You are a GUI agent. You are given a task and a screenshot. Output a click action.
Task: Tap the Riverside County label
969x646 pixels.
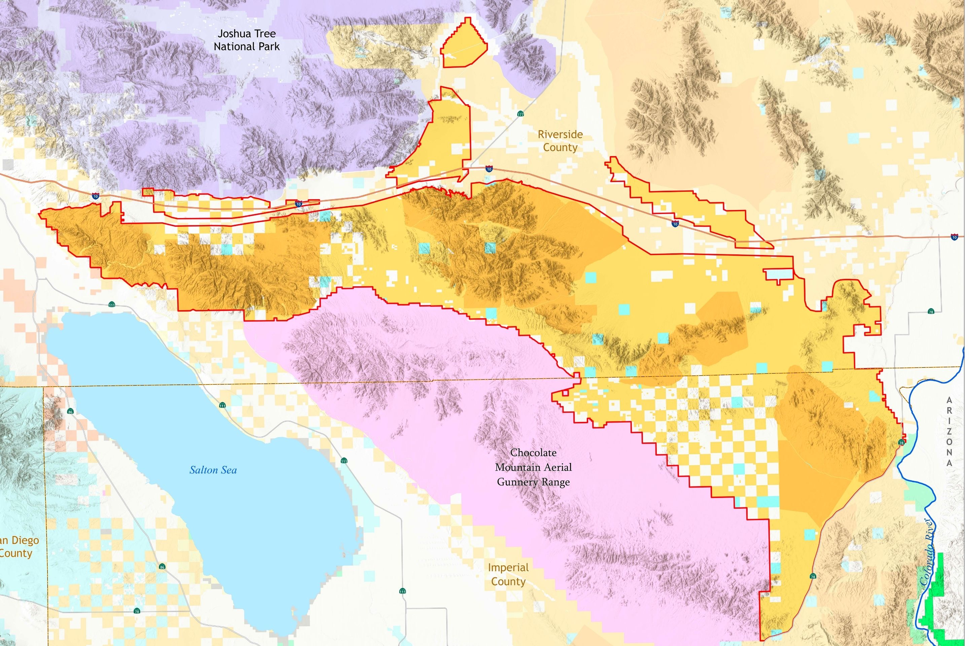point(560,141)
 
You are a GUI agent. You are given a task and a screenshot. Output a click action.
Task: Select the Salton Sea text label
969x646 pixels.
point(213,470)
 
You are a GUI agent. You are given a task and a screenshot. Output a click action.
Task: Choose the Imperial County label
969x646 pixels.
point(508,574)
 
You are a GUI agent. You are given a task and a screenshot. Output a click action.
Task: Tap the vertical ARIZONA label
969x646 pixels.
point(949,431)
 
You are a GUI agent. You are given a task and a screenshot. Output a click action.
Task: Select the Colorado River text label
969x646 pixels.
point(928,552)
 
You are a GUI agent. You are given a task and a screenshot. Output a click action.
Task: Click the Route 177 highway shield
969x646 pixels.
point(521,114)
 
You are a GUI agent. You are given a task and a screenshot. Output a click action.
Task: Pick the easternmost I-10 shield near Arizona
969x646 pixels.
point(955,237)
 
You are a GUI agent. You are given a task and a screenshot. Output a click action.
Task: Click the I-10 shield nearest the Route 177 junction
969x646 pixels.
point(489,169)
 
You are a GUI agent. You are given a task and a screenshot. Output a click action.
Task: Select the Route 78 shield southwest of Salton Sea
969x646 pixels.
point(137,611)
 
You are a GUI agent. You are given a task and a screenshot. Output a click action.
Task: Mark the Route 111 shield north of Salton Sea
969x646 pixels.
point(112,305)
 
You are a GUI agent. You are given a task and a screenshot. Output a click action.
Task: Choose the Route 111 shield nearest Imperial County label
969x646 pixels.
point(402,591)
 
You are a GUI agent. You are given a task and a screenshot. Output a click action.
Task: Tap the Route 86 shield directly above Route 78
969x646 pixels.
point(162,567)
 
